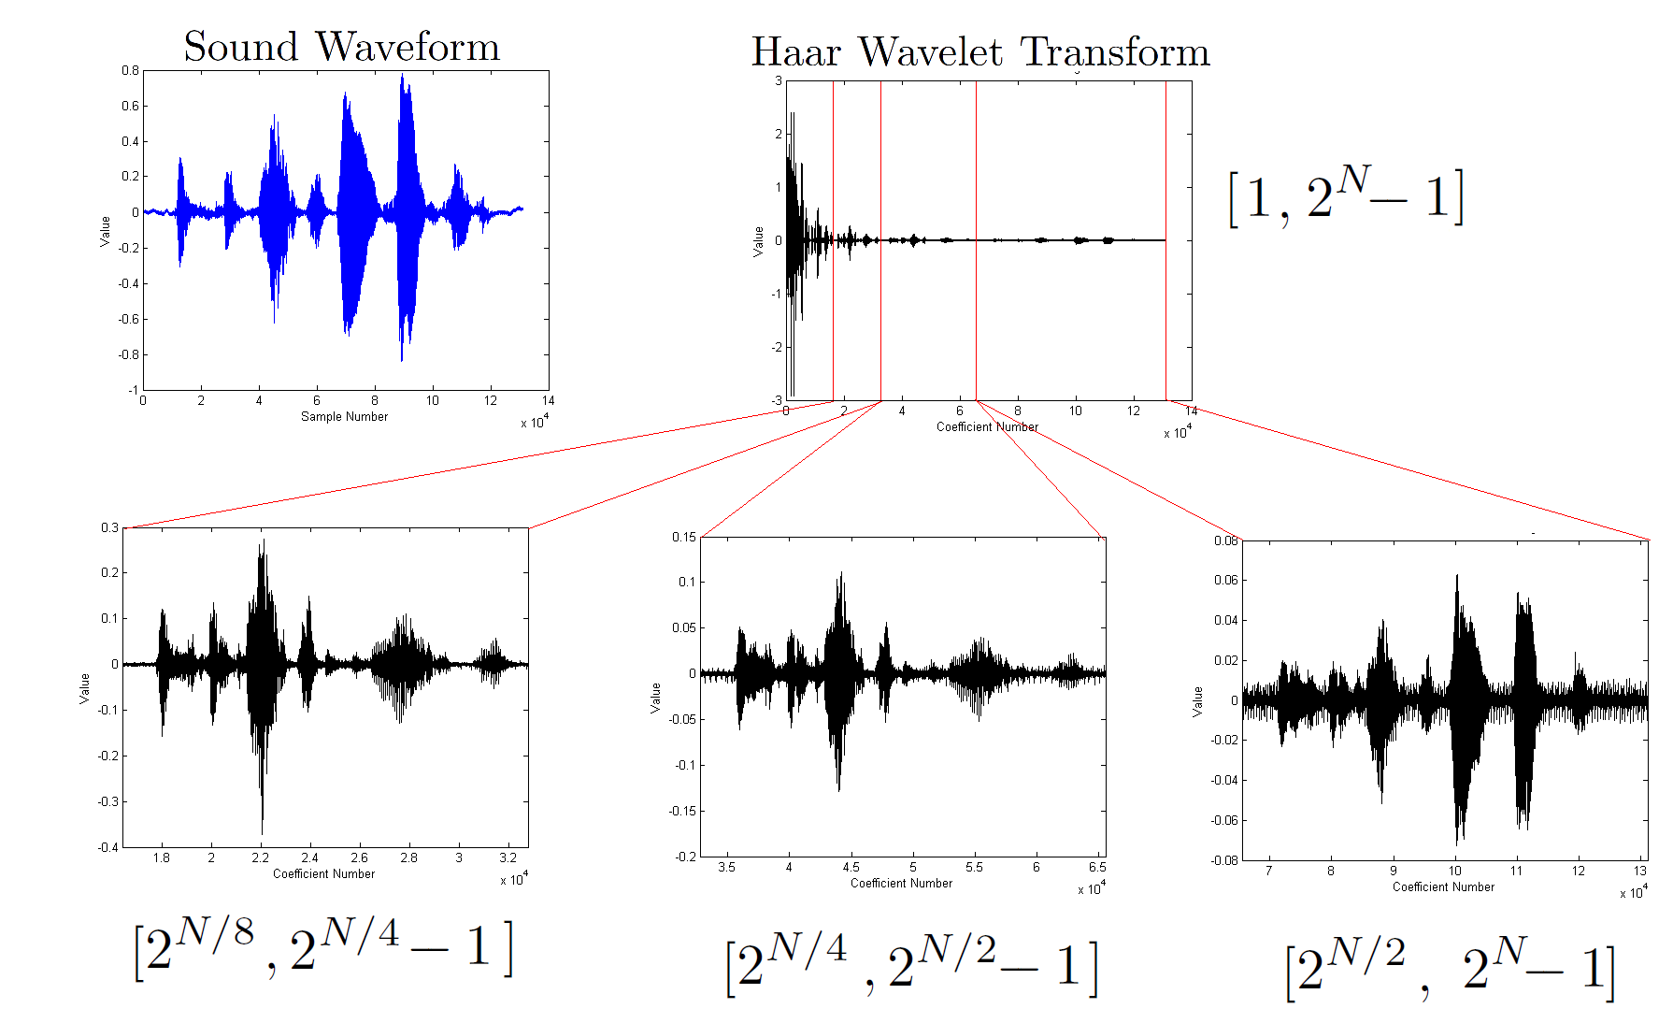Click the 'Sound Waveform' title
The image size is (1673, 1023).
(x=341, y=47)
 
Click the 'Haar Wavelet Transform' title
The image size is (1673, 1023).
(x=980, y=52)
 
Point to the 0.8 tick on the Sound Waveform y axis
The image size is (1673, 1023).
(x=130, y=71)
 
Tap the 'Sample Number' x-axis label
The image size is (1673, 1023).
(x=344, y=417)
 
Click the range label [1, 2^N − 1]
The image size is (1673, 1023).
(x=1345, y=196)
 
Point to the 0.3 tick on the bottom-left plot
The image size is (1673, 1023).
(x=110, y=528)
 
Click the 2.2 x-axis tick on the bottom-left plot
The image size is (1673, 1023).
(x=261, y=857)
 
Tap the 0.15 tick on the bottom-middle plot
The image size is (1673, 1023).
(x=684, y=538)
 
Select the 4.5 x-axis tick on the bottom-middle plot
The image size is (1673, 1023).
(x=851, y=867)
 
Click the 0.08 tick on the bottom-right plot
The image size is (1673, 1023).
(x=1226, y=541)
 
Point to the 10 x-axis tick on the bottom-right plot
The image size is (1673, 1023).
(x=1455, y=871)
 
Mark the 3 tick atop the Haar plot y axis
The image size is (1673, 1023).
(x=779, y=81)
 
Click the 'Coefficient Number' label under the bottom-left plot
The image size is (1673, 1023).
(x=323, y=874)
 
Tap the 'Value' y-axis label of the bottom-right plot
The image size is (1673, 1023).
(x=1197, y=701)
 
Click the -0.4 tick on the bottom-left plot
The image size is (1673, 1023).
(x=108, y=847)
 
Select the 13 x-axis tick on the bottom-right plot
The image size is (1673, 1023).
(x=1640, y=871)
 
